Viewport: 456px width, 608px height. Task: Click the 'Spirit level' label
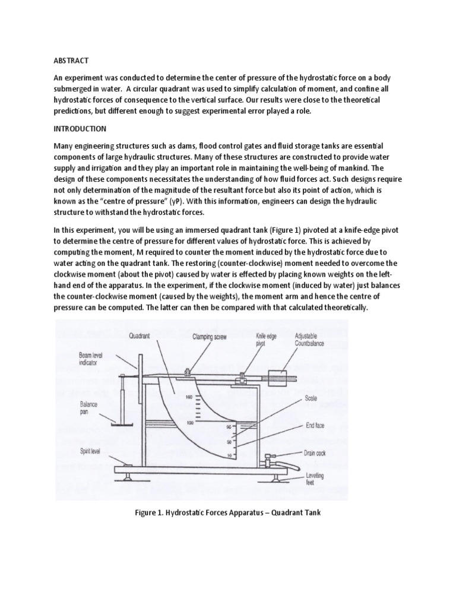92,451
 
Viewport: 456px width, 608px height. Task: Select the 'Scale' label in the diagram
313,398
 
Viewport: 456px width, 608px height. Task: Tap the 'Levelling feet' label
316,478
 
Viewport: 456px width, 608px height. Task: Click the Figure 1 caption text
227,512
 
